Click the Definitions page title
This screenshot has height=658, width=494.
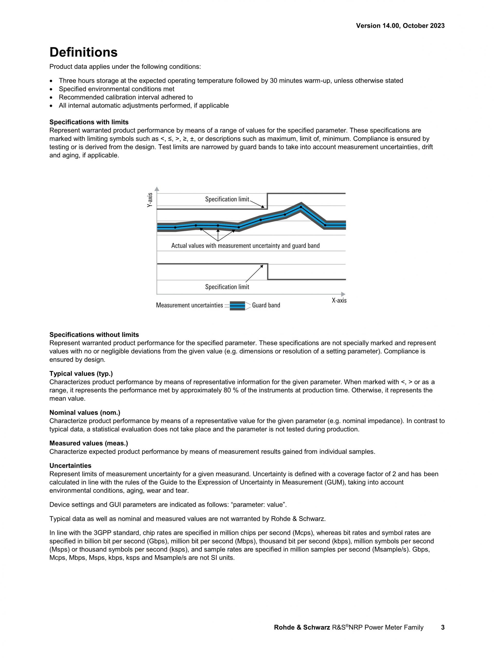(x=83, y=52)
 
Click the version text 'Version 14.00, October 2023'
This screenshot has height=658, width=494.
(x=400, y=26)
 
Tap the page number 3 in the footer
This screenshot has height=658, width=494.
(x=443, y=627)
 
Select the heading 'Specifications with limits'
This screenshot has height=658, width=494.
(x=89, y=122)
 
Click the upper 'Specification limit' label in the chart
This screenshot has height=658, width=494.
(x=227, y=199)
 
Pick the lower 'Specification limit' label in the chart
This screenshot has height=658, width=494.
(x=227, y=287)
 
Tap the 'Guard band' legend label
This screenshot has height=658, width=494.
(x=266, y=305)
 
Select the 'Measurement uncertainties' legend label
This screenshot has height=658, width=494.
(x=189, y=305)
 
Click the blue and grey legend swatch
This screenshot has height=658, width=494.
(x=237, y=306)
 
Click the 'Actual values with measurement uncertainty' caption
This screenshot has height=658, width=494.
(x=245, y=246)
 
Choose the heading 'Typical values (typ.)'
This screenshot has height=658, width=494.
(x=81, y=374)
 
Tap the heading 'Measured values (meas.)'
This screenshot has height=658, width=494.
(x=89, y=443)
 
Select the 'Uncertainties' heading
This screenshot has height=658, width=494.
(x=70, y=466)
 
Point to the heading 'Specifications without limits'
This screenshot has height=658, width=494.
(x=94, y=335)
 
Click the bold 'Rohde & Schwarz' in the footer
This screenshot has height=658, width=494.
(x=302, y=627)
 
